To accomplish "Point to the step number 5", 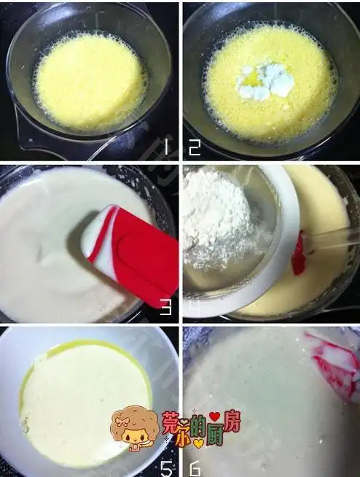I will click(x=167, y=467).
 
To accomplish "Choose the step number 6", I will click(x=195, y=467).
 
